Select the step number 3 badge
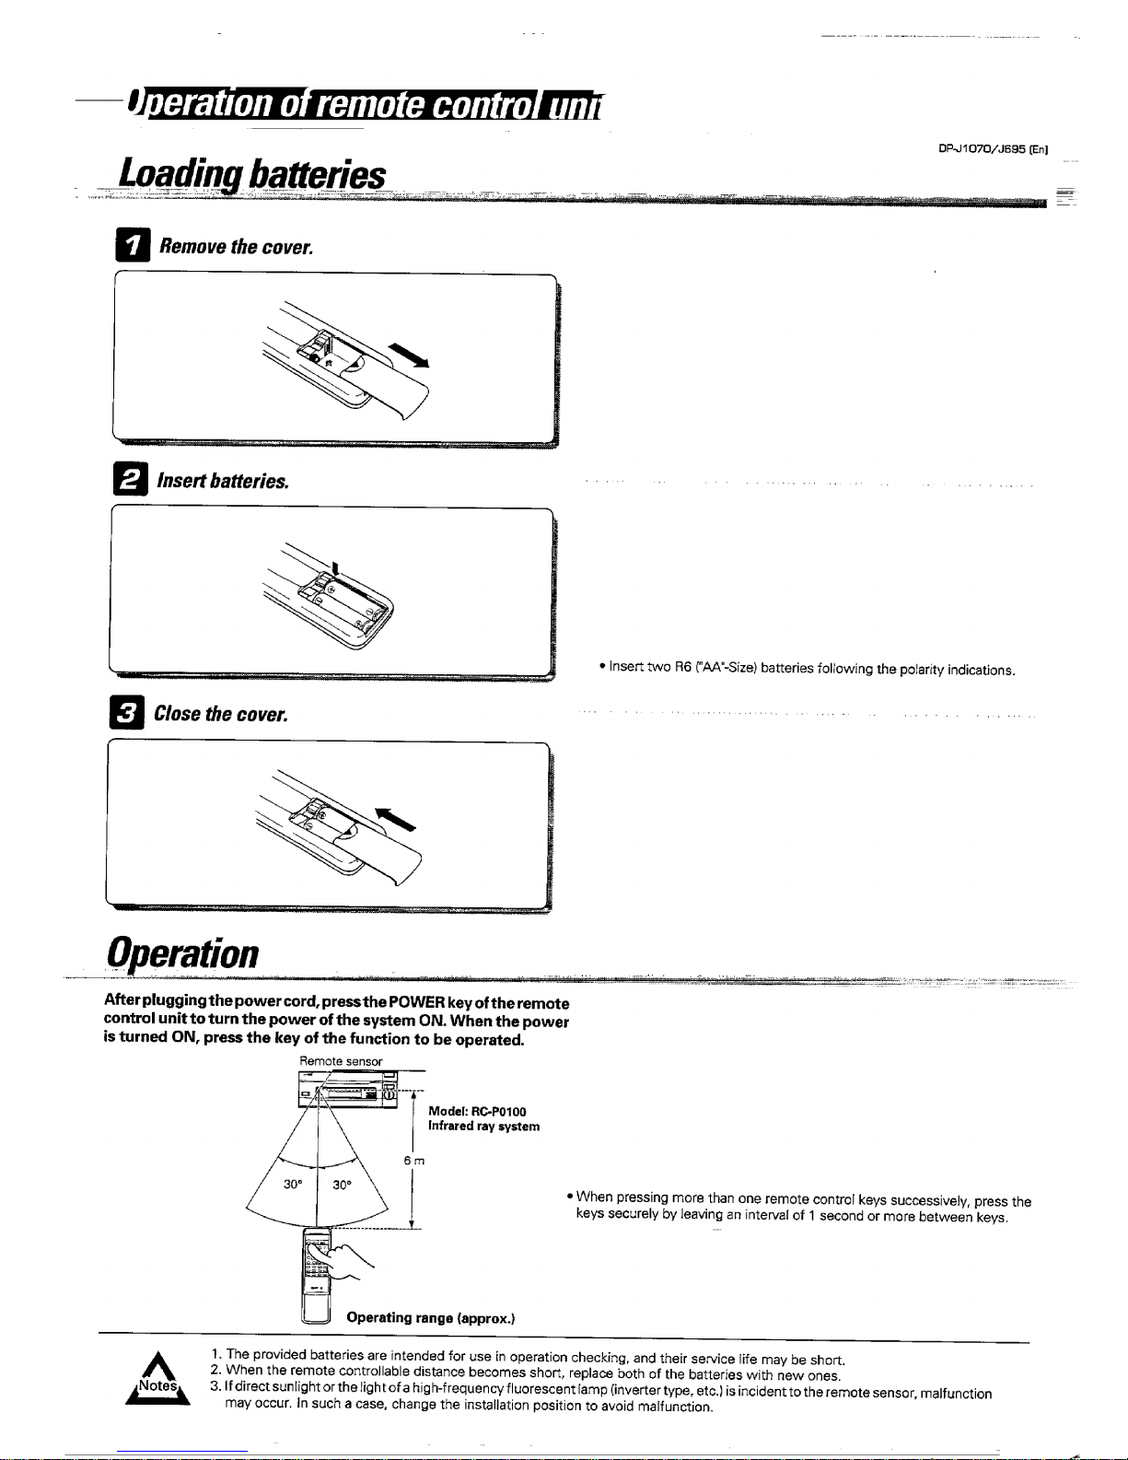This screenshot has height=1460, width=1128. pos(130,714)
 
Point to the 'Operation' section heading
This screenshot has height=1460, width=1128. pos(182,952)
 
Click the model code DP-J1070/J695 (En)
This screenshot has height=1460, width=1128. pos(994,148)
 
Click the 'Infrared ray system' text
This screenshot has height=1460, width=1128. pos(483,1127)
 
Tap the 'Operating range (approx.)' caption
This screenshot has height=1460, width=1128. pos(430,1318)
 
